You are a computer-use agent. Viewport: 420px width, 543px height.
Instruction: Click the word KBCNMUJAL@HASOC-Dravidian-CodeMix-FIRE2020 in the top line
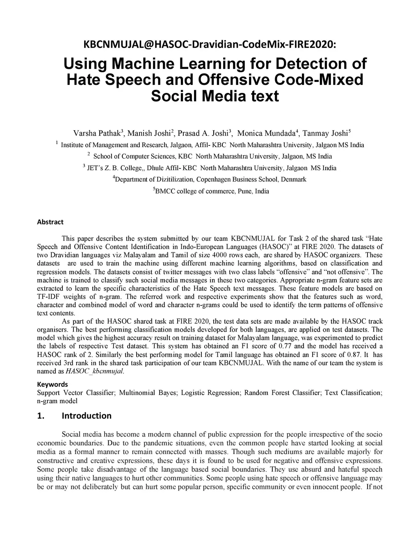pos(209,44)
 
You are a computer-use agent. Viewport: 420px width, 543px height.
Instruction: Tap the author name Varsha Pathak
pos(96,133)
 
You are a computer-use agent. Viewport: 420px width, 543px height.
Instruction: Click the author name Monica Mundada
pos(266,133)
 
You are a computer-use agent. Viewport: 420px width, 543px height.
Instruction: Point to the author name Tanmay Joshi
pos(325,133)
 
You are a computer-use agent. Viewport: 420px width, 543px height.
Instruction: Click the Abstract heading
pos(50,222)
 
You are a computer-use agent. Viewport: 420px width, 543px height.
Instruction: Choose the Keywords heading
pos(52,384)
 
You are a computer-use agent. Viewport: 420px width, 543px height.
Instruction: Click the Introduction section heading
pos(86,416)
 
